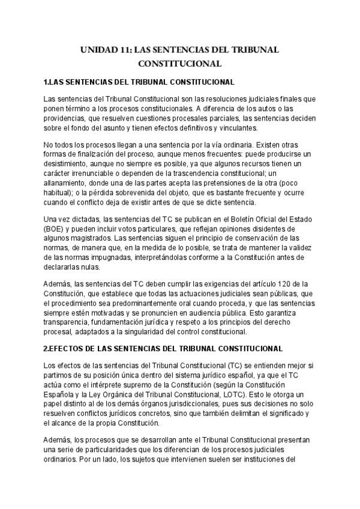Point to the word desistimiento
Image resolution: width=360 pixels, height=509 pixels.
point(66,170)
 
